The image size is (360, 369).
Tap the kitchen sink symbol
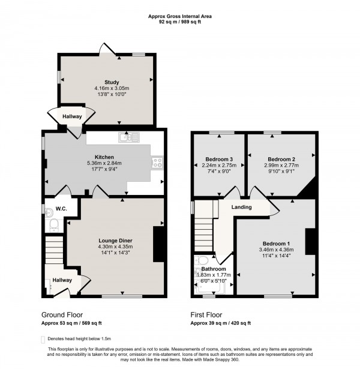click(x=128, y=138)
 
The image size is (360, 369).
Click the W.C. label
click(x=61, y=209)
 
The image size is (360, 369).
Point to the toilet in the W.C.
click(x=53, y=224)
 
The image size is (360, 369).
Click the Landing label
click(x=242, y=208)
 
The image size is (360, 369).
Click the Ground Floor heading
click(x=62, y=314)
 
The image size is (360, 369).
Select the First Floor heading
click(x=206, y=314)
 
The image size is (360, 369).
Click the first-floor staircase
click(x=205, y=228)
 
